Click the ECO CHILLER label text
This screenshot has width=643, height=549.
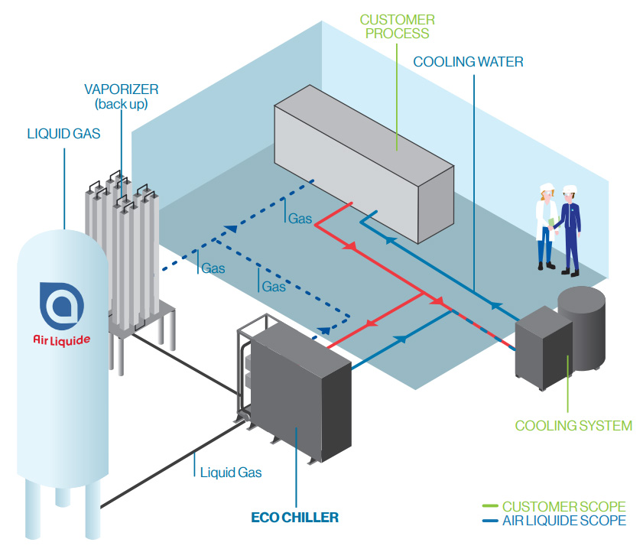click(294, 518)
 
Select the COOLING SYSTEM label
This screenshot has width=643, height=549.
click(573, 426)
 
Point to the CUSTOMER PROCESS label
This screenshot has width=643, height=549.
click(397, 26)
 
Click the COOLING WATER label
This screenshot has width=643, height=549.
click(468, 62)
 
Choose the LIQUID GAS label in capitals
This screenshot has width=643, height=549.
click(63, 134)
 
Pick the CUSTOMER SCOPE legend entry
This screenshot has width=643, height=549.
click(563, 507)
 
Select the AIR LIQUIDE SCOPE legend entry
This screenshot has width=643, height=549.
click(563, 521)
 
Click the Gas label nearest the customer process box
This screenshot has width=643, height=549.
click(300, 219)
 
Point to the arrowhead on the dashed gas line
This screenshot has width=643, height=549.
click(229, 227)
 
